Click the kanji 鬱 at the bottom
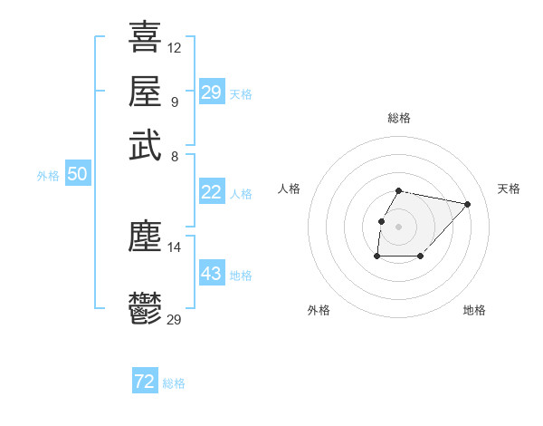[x=145, y=308]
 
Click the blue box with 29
[x=211, y=92]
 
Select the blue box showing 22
[x=211, y=192]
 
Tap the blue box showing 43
[x=211, y=274]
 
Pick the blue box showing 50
[x=77, y=175]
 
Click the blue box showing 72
[x=145, y=382]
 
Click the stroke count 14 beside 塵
[x=175, y=247]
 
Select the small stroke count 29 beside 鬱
[x=175, y=319]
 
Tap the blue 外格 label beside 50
[x=48, y=176]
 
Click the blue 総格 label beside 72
[x=174, y=383]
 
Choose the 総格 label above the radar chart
[x=399, y=118]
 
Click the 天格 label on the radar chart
[x=509, y=189]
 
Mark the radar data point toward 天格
[x=467, y=204]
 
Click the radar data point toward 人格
[x=381, y=221]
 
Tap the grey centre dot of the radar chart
[x=399, y=227]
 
